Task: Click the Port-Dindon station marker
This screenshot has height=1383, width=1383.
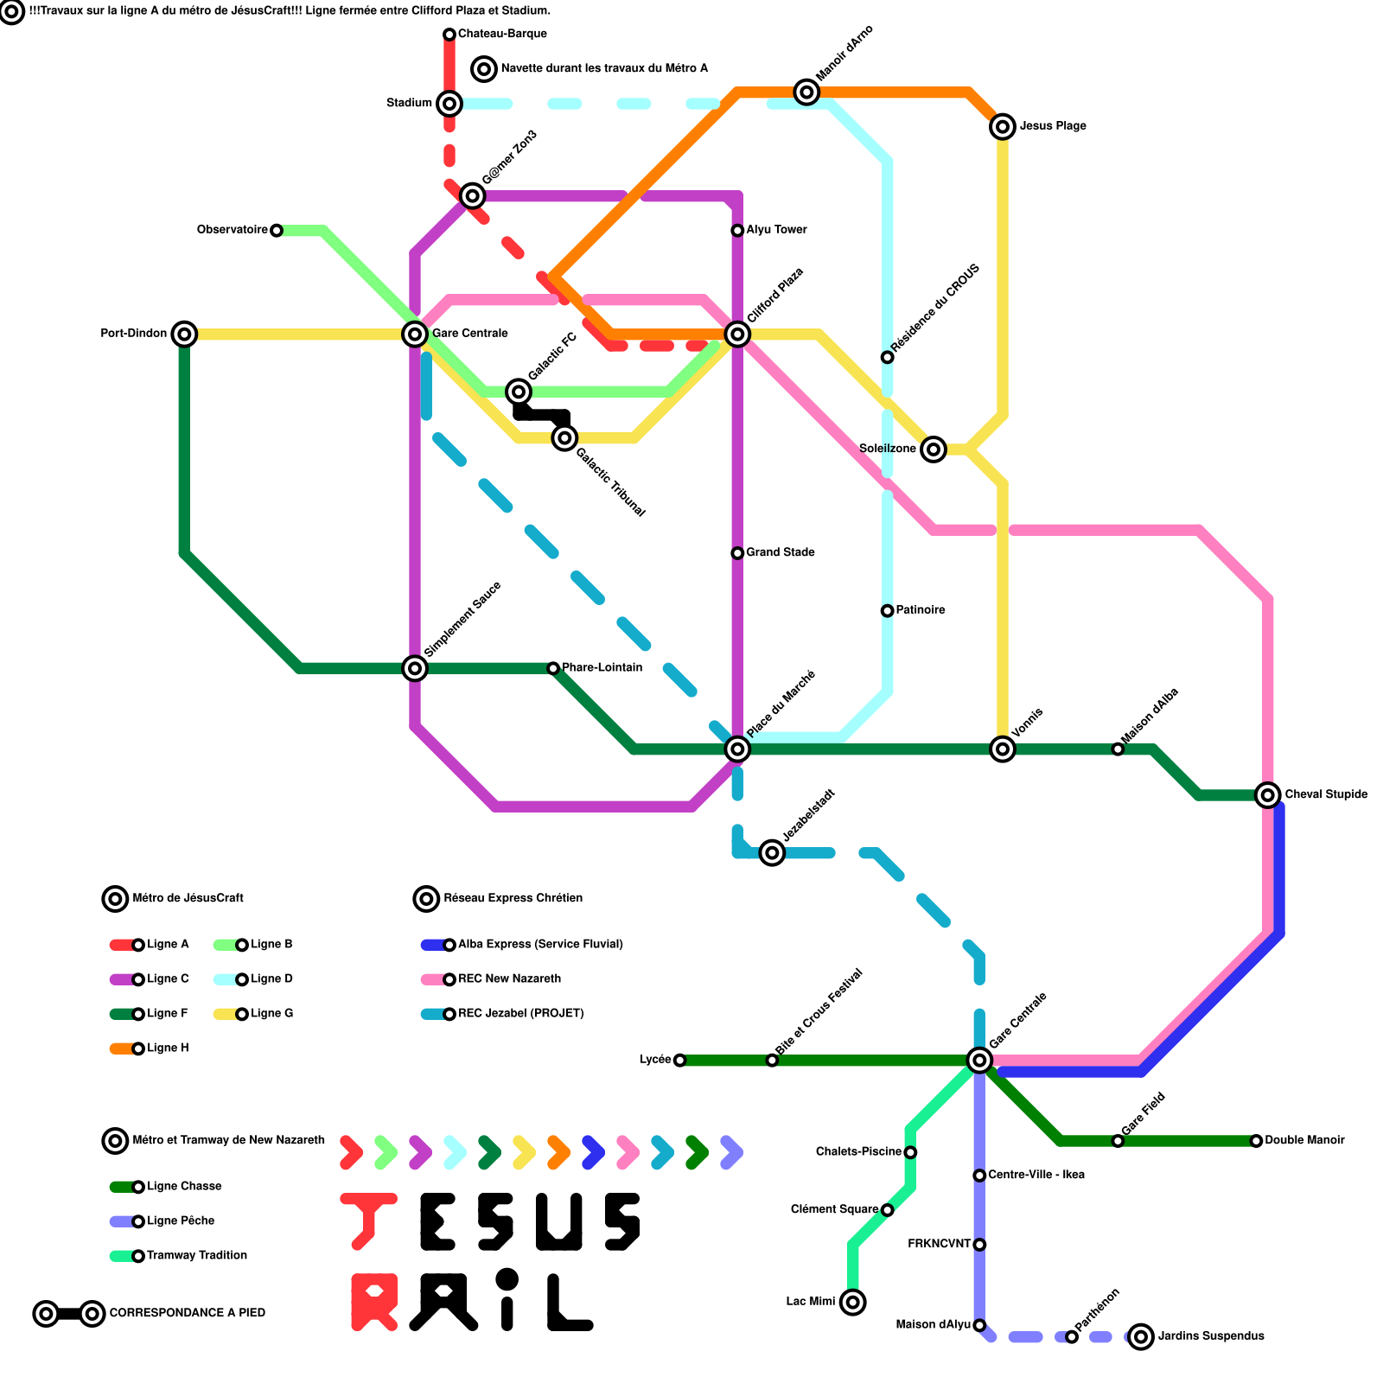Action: [184, 334]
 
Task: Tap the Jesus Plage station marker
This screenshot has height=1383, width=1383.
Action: [1003, 127]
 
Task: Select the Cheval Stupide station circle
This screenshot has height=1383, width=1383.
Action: [1268, 795]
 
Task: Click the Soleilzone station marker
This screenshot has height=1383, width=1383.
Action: [933, 449]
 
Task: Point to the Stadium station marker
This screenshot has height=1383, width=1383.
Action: [449, 104]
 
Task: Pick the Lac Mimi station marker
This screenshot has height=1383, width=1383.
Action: [853, 1302]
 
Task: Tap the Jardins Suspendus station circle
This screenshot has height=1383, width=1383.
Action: [1142, 1336]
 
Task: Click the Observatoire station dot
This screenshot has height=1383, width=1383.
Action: [276, 230]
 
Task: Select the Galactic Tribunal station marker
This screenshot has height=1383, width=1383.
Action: [564, 438]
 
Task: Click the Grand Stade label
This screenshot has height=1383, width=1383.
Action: [780, 552]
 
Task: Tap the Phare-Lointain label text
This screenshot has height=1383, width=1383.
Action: [602, 667]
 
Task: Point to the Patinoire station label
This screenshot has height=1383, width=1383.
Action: [920, 610]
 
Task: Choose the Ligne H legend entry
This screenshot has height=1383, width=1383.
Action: [168, 1048]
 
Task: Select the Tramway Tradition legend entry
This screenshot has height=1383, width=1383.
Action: [197, 1256]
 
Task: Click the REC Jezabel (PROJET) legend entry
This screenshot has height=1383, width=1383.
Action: [520, 1014]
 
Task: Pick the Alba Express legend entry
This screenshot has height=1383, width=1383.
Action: [540, 945]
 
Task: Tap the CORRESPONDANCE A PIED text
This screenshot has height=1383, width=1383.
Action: [187, 1313]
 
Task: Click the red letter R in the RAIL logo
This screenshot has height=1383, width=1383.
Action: [374, 1302]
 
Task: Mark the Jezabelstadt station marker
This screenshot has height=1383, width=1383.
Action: [772, 853]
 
